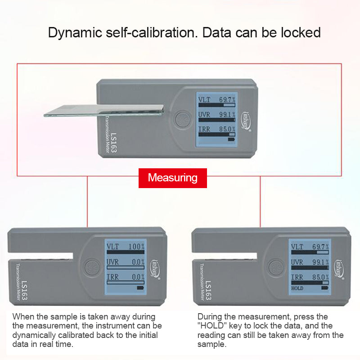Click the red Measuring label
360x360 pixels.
[x=173, y=178]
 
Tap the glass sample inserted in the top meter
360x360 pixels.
[x=103, y=111]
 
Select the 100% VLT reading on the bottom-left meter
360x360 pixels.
[x=136, y=247]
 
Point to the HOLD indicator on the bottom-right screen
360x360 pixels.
[x=297, y=288]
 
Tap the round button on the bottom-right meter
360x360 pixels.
[x=275, y=267]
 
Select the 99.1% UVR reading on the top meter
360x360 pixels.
[x=227, y=114]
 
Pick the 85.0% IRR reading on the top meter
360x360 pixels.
[x=227, y=129]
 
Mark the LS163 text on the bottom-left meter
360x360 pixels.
[x=25, y=291]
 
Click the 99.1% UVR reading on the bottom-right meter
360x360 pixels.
[x=320, y=262]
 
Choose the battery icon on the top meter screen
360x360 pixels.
[x=231, y=139]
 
